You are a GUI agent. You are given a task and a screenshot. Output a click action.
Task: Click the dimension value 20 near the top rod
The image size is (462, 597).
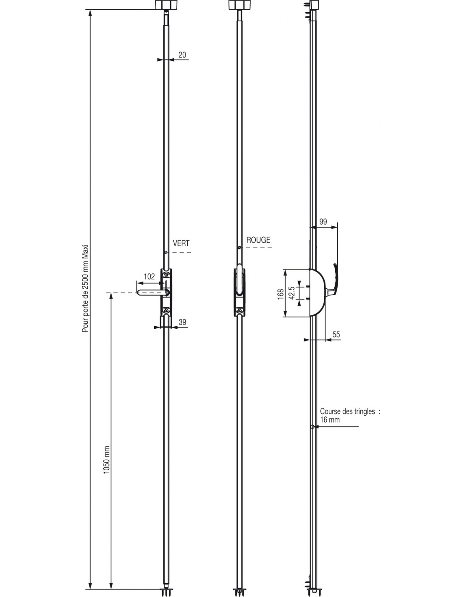[182, 55]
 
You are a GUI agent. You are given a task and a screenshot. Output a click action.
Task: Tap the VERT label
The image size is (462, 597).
[181, 243]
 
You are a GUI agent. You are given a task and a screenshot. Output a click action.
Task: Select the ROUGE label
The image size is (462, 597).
[258, 240]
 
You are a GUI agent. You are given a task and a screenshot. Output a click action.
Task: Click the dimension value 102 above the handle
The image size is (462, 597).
[150, 277]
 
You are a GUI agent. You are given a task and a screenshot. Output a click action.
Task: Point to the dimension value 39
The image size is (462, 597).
[183, 322]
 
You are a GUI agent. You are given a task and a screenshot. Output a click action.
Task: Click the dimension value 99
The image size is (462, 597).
[323, 222]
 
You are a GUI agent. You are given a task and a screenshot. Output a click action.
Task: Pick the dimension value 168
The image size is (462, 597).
[281, 293]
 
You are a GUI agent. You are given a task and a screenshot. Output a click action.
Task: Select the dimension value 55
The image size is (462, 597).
[336, 335]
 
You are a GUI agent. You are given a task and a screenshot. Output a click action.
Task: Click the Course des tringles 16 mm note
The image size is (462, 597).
[349, 415]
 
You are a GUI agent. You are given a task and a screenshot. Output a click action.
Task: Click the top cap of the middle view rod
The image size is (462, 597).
[237, 5]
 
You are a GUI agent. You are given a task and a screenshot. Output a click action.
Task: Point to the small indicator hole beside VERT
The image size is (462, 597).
[166, 253]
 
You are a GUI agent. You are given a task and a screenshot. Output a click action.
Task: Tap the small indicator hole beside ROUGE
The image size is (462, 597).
[239, 248]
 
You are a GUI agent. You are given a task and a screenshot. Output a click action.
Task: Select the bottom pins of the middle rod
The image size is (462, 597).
[238, 592]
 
